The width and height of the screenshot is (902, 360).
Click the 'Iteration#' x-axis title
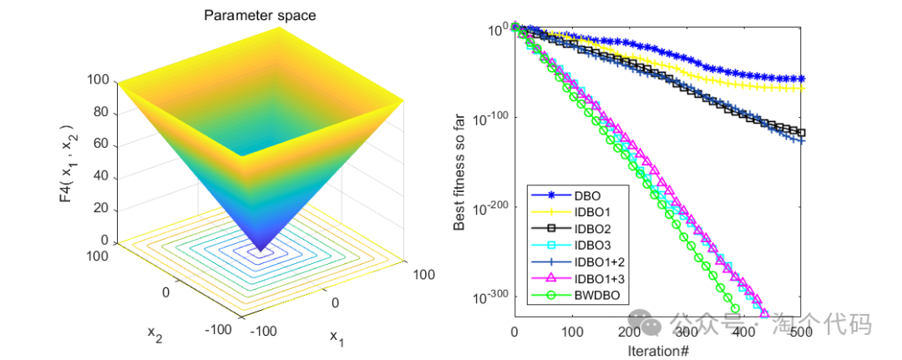click(x=657, y=350)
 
